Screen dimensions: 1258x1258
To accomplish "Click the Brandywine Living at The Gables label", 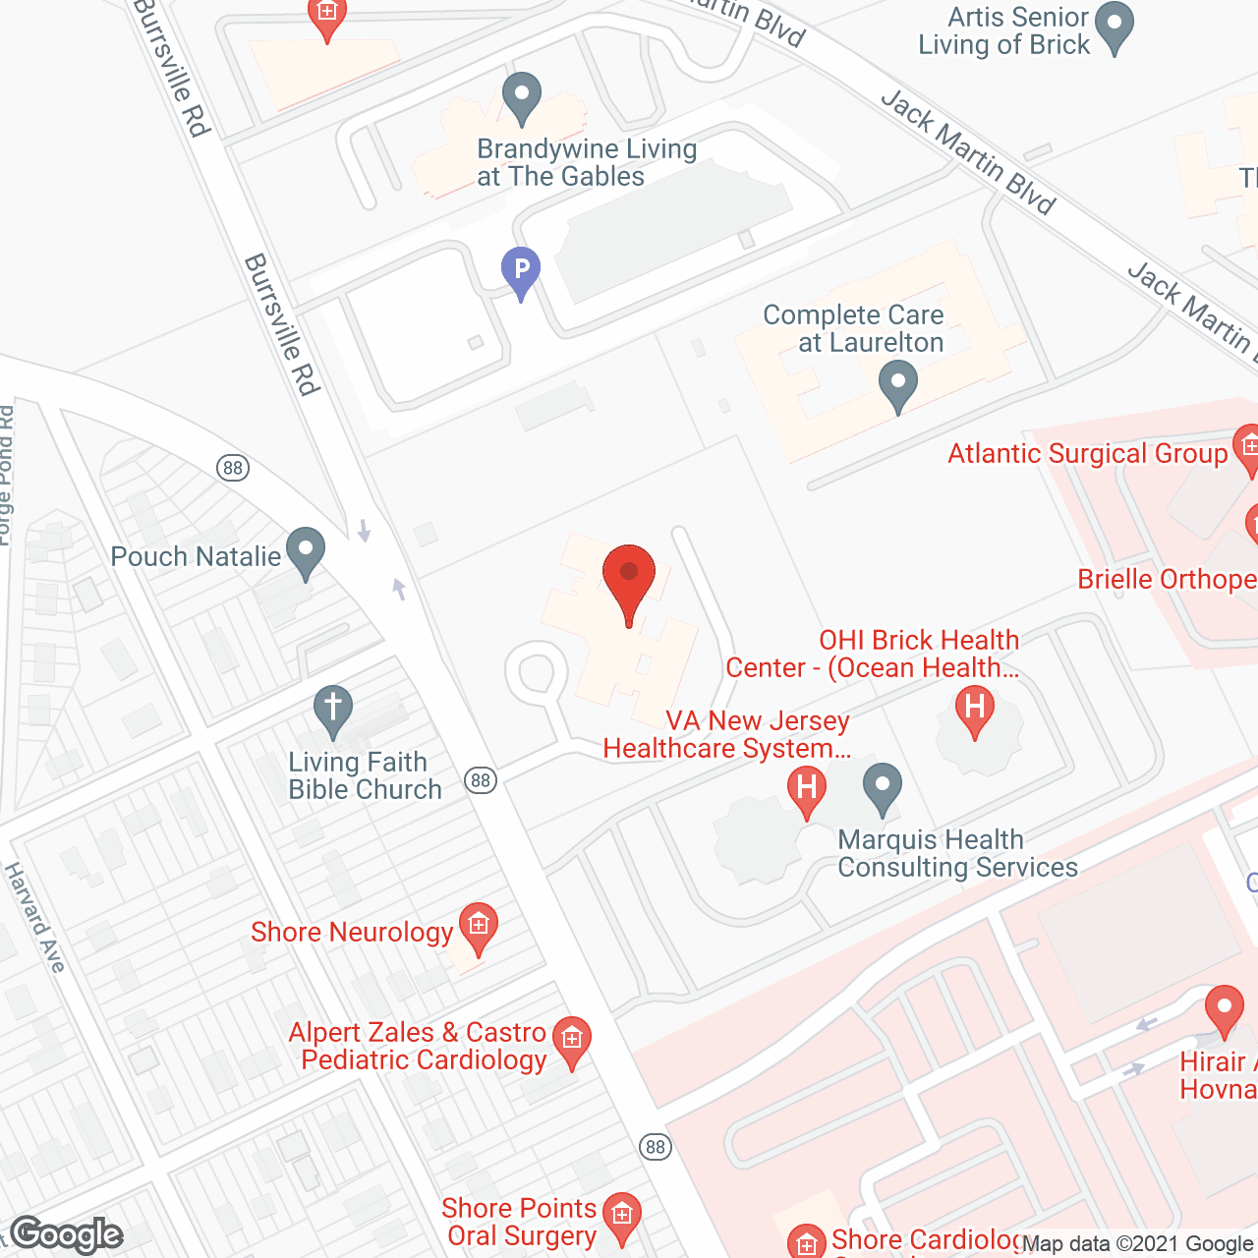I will (587, 163).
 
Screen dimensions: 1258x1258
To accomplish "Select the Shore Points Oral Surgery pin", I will (621, 1216).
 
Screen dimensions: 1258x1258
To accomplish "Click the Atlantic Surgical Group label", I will (1087, 454).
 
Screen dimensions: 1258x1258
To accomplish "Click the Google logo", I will (67, 1234).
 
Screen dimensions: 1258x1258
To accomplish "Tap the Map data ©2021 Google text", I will (1137, 1244).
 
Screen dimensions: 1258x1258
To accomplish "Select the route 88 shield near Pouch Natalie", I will (233, 468).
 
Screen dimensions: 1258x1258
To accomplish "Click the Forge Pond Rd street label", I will (6, 476).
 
